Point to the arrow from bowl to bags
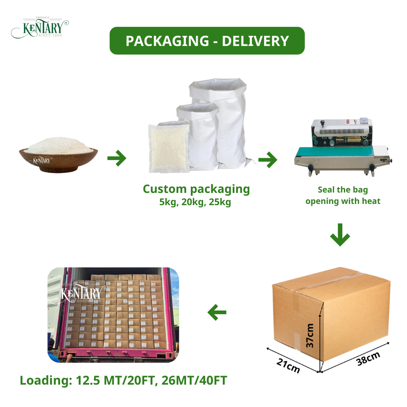pos(117,159)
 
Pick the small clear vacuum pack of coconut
pos(169,147)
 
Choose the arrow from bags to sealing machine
pos(268,160)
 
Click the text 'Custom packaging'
pos(196,189)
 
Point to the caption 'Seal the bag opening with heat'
pos(343,195)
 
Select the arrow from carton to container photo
pos(217,313)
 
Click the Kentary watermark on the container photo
pos(81,293)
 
